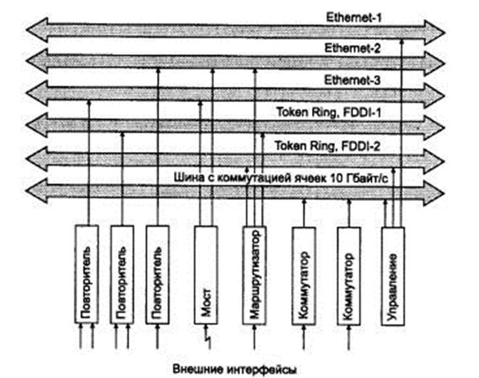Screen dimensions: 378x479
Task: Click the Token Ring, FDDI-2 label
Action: (x=328, y=145)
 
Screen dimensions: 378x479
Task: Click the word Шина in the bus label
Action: (x=188, y=175)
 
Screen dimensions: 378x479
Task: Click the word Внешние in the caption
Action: (x=196, y=369)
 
